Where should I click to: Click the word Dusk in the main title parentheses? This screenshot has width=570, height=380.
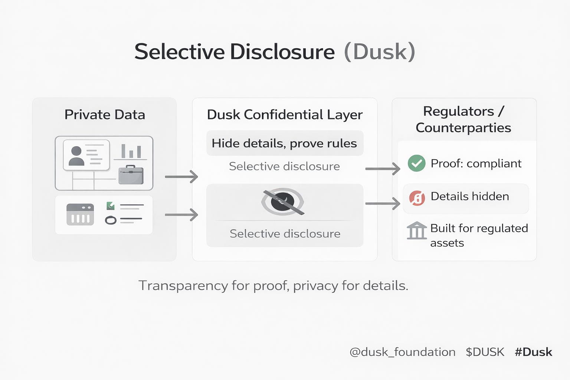click(380, 52)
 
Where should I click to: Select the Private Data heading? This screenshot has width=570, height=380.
click(105, 115)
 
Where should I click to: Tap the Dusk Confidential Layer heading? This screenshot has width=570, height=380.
click(285, 115)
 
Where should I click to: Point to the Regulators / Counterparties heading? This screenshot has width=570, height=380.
click(463, 119)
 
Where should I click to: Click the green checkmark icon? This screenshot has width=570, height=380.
click(416, 163)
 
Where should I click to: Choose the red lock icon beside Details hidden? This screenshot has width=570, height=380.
click(417, 198)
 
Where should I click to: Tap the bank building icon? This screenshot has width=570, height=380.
click(416, 230)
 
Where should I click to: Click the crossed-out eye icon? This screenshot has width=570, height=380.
click(283, 202)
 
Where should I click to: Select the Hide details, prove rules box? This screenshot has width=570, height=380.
click(285, 143)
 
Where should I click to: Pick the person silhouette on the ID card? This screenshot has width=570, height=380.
click(76, 156)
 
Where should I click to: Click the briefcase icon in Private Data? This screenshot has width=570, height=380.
click(131, 175)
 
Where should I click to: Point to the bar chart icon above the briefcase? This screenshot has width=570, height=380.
click(131, 151)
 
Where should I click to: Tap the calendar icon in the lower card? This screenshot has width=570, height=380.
click(80, 214)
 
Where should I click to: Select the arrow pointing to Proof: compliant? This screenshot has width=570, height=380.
click(382, 169)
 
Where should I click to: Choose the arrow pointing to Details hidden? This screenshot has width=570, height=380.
click(382, 203)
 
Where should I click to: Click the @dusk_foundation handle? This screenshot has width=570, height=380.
click(402, 352)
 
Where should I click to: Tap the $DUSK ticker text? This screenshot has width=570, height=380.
click(485, 352)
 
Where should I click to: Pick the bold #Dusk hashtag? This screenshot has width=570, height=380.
click(533, 352)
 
